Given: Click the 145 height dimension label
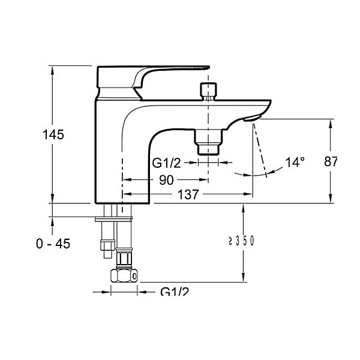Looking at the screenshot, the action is click(x=53, y=134).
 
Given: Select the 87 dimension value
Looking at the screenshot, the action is click(x=331, y=161).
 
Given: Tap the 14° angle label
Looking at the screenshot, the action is click(x=295, y=162).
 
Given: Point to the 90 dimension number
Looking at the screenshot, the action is click(x=166, y=180).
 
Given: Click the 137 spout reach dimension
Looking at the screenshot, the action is click(x=188, y=194).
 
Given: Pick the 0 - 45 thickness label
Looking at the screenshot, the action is click(x=53, y=244).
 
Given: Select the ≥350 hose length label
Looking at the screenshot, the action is click(x=241, y=241).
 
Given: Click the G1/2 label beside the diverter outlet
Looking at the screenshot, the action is click(x=166, y=163).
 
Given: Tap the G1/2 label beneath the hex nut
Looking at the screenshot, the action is click(x=175, y=292).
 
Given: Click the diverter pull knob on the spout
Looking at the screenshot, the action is click(x=208, y=91).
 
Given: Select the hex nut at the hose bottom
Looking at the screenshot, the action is click(x=124, y=275).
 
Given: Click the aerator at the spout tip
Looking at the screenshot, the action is click(x=252, y=118).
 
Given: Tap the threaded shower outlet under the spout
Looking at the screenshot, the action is click(x=208, y=142).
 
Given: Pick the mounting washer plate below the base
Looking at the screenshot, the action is click(x=113, y=219).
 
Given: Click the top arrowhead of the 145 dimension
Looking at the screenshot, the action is click(x=52, y=71).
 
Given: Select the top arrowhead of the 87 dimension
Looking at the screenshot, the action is click(x=331, y=124).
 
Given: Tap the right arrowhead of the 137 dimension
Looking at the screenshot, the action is click(x=248, y=194).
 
